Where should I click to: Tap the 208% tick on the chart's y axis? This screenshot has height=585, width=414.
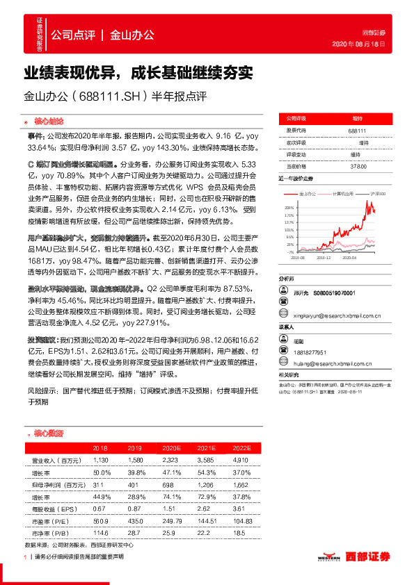(x=288, y=208)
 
